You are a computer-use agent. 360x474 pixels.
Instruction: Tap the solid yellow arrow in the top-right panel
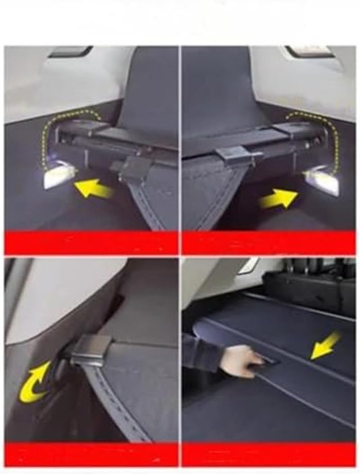[x=279, y=199]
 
